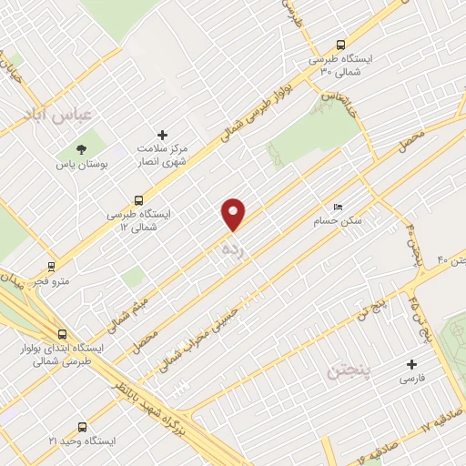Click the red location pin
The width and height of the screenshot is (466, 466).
234,213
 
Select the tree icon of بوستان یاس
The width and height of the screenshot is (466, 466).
84,147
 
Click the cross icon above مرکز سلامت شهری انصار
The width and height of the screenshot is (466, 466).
163,133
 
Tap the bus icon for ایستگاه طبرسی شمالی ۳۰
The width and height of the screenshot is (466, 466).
340,43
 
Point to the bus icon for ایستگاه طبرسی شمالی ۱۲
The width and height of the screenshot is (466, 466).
138,200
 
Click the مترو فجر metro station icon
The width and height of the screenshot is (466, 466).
50,268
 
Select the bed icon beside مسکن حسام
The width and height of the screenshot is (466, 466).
339,208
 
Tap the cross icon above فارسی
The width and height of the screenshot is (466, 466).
411,364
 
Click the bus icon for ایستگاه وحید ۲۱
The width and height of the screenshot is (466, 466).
83,426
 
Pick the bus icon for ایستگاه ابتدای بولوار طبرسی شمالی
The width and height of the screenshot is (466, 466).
62,334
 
